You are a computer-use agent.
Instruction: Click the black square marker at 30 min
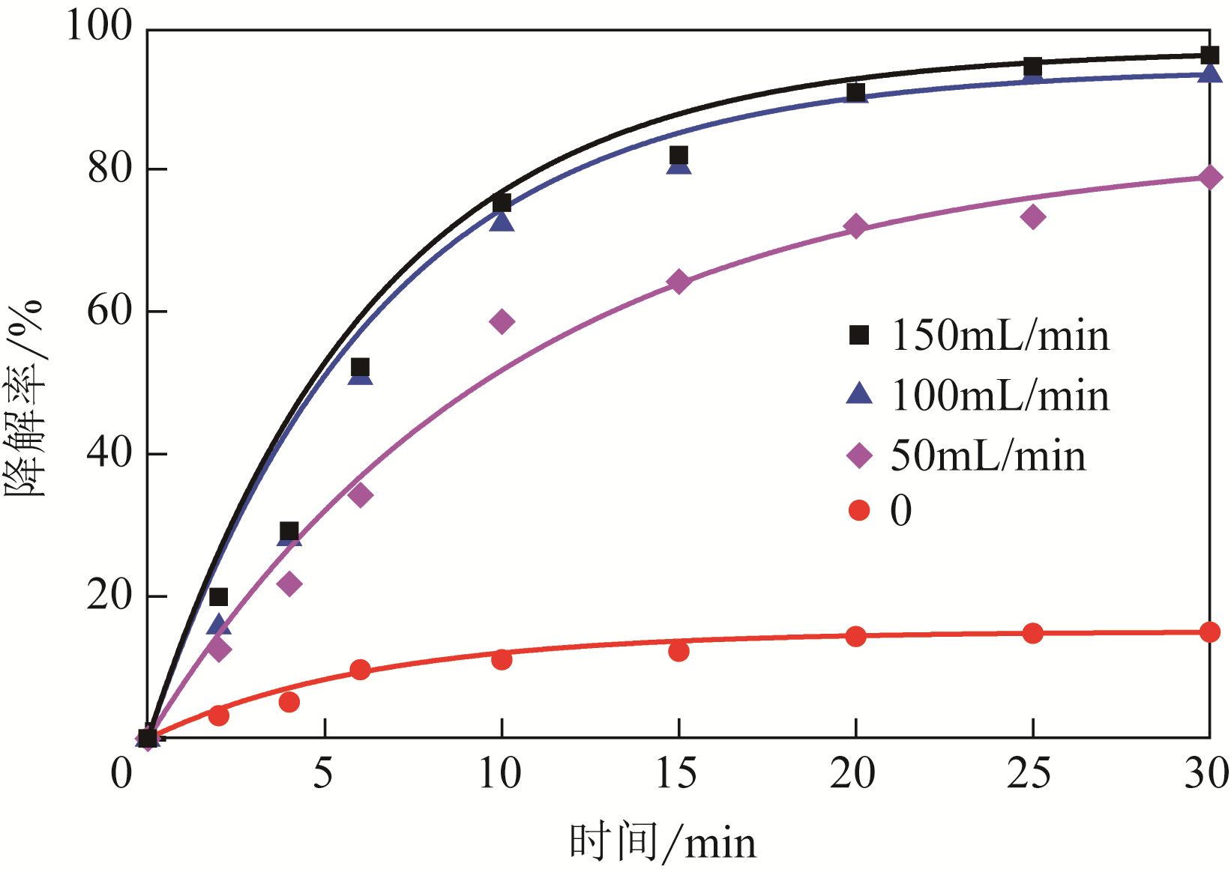point(1209,55)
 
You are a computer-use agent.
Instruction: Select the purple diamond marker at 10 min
point(502,322)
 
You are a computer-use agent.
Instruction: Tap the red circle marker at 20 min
point(855,637)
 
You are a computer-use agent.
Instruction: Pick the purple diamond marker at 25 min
point(1033,217)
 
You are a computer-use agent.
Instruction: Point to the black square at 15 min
point(678,155)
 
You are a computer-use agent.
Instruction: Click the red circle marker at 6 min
point(360,670)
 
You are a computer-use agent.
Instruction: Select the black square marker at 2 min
point(218,597)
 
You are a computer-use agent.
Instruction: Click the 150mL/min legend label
point(999,336)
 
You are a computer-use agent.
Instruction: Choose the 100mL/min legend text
point(999,396)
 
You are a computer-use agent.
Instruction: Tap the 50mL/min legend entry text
point(987,456)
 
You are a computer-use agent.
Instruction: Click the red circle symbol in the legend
point(859,511)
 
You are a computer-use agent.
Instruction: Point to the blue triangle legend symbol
point(859,394)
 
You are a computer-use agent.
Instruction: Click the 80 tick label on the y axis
point(109,169)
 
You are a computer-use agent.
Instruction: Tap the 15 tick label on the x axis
point(676,774)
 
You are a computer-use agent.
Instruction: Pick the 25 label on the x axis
point(1029,774)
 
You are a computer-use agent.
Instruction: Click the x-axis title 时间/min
point(663,842)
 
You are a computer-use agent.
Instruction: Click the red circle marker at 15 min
point(678,652)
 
